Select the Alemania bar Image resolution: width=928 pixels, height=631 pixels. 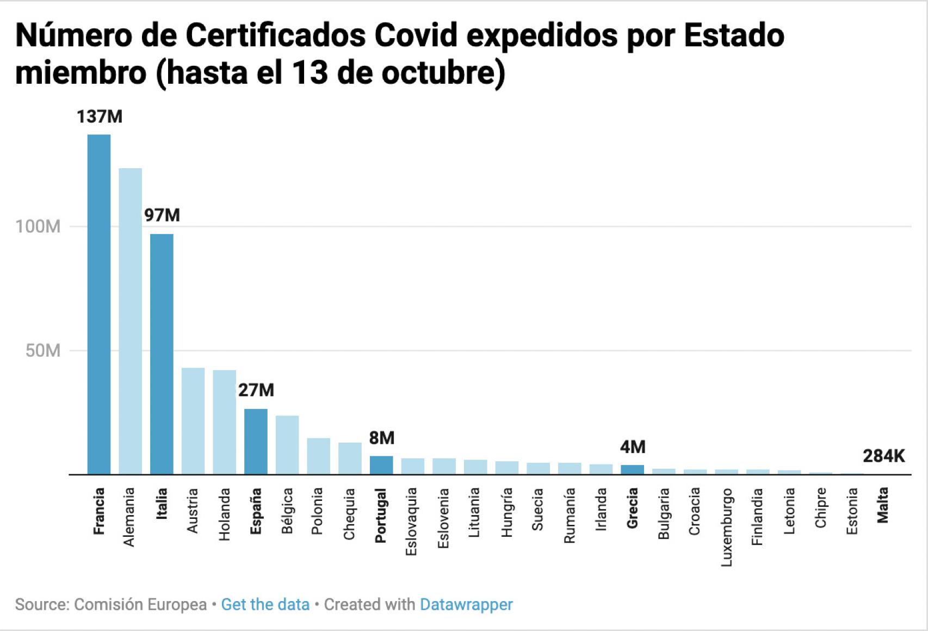(131, 321)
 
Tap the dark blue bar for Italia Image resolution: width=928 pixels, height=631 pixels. (162, 354)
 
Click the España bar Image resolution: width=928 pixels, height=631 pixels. (256, 441)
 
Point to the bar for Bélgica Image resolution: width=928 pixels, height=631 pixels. (287, 444)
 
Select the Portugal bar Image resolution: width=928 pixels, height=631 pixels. (381, 465)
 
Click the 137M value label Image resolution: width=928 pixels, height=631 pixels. (100, 117)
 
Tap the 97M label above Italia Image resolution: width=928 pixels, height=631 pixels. (162, 215)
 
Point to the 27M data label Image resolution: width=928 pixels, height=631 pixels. (256, 390)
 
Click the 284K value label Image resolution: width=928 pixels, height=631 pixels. (883, 456)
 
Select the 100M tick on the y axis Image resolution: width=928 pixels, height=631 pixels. (38, 226)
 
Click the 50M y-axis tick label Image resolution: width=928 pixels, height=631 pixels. (43, 351)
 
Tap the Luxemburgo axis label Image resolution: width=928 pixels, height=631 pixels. (727, 527)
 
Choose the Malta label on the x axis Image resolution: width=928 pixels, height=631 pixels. (883, 505)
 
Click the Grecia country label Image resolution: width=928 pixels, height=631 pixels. (632, 508)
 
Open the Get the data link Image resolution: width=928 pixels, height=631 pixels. (265, 604)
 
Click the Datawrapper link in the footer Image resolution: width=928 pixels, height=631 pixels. (466, 604)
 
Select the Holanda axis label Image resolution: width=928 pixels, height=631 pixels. (225, 514)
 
